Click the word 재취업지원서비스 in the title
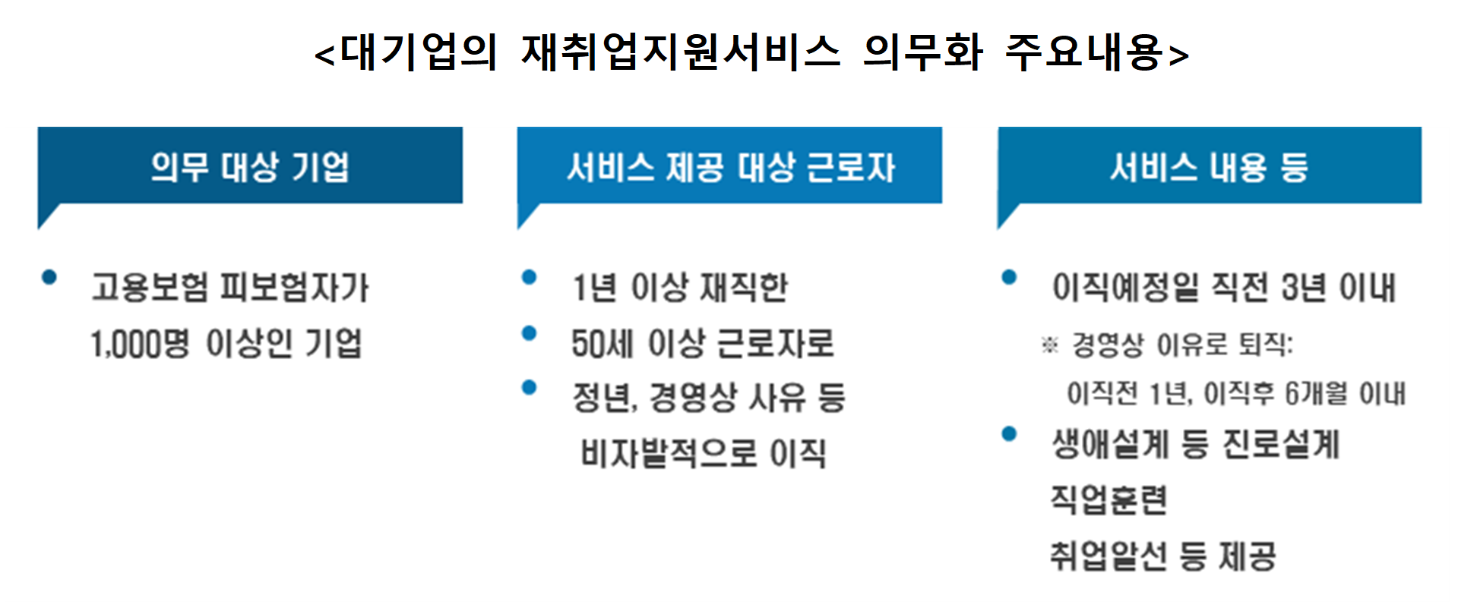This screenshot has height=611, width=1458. [680, 53]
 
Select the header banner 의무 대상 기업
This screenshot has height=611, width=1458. [250, 166]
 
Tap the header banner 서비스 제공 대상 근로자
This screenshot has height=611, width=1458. [729, 166]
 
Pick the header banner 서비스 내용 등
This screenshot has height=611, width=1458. [1209, 166]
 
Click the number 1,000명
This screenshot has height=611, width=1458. [140, 344]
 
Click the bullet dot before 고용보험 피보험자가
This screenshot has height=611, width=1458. [49, 278]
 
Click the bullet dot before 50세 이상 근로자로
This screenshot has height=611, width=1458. [530, 333]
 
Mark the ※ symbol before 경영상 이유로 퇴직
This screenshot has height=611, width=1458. [1049, 346]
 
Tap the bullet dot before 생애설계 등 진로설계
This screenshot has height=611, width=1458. [1009, 434]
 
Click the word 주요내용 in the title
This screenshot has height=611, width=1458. [1090, 53]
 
